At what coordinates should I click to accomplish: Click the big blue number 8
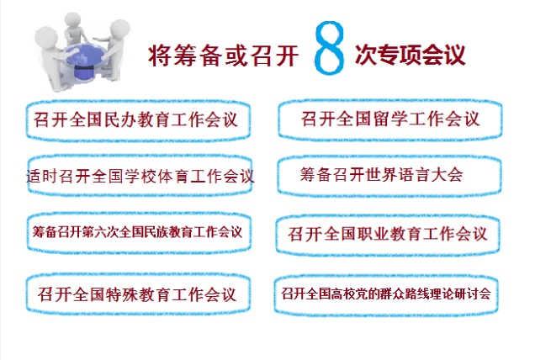click(329, 47)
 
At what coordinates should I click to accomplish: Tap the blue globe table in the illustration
click(86, 61)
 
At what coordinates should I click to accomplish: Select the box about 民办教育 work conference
click(138, 120)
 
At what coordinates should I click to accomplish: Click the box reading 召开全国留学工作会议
click(390, 119)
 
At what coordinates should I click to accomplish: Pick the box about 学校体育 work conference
click(140, 175)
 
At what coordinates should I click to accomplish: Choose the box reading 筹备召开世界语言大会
click(389, 175)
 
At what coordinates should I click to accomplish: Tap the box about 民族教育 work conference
click(139, 232)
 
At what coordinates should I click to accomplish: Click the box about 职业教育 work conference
click(388, 235)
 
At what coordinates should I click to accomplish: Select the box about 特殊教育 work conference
click(138, 294)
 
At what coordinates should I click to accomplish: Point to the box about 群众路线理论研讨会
click(386, 294)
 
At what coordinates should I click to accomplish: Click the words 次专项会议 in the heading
click(410, 55)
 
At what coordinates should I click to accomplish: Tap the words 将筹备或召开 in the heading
click(224, 56)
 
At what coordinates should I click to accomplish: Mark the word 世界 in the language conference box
click(382, 175)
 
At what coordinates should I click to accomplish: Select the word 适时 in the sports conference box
click(42, 176)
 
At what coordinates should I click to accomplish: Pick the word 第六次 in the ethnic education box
click(100, 232)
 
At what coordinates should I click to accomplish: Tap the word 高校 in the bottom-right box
click(342, 294)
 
